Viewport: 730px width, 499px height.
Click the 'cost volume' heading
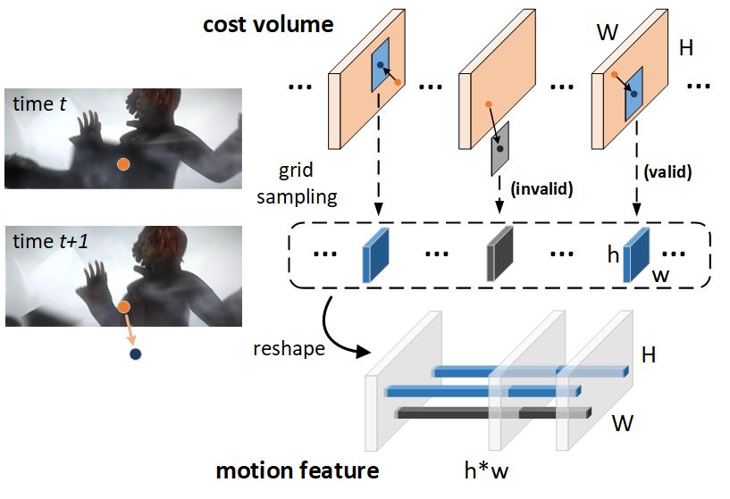tap(268, 25)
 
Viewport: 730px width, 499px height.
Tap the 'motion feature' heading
tap(298, 470)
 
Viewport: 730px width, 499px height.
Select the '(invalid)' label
tap(541, 189)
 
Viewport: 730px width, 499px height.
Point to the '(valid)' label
tap(667, 172)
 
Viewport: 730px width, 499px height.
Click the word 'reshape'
tap(289, 348)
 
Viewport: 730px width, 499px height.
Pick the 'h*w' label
tap(486, 470)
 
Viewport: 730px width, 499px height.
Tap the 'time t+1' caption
tap(50, 241)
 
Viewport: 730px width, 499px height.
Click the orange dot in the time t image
tap(123, 164)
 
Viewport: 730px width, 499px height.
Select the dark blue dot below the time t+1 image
tap(135, 354)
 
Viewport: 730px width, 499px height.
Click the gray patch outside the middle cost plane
tap(500, 148)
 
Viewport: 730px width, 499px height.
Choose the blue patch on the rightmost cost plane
tap(634, 94)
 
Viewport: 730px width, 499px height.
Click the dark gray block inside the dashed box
tap(499, 254)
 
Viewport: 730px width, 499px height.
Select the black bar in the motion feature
tap(493, 413)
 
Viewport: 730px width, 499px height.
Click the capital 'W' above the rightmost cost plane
tap(608, 32)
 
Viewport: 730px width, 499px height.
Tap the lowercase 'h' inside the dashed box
tap(613, 254)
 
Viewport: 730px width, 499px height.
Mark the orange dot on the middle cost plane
tap(488, 104)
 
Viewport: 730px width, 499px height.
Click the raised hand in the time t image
tap(89, 125)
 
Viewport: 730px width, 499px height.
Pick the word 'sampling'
tap(297, 197)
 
